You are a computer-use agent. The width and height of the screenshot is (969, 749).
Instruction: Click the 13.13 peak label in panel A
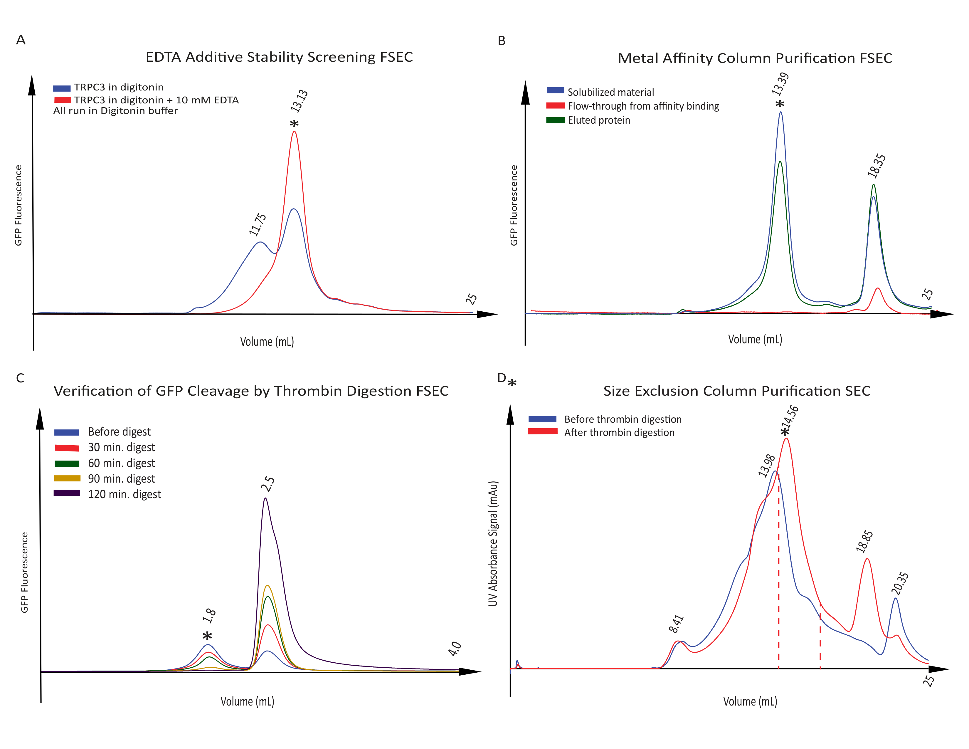[300, 101]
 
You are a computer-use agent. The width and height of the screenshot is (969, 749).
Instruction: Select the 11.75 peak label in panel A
[258, 224]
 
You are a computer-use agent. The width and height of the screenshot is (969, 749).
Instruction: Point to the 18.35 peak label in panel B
[877, 165]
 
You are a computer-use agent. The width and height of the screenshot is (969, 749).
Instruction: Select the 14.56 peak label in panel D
[791, 416]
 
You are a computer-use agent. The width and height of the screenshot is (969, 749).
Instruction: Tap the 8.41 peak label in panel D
[676, 623]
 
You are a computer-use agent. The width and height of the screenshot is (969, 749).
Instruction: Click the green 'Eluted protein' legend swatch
[555, 120]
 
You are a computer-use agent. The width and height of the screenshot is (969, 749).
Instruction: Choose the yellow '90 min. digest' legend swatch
[67, 478]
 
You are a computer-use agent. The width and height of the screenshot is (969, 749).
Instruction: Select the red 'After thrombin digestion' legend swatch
[542, 431]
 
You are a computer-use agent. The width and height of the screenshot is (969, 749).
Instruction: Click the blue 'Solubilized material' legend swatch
[555, 90]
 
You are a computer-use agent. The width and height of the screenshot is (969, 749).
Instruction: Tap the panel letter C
[20, 378]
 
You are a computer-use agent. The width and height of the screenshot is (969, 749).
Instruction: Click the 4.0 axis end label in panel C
[455, 649]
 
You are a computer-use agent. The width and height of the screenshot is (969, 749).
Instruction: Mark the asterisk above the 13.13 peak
[294, 124]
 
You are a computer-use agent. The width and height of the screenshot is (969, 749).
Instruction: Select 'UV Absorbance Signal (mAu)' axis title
[493, 544]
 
